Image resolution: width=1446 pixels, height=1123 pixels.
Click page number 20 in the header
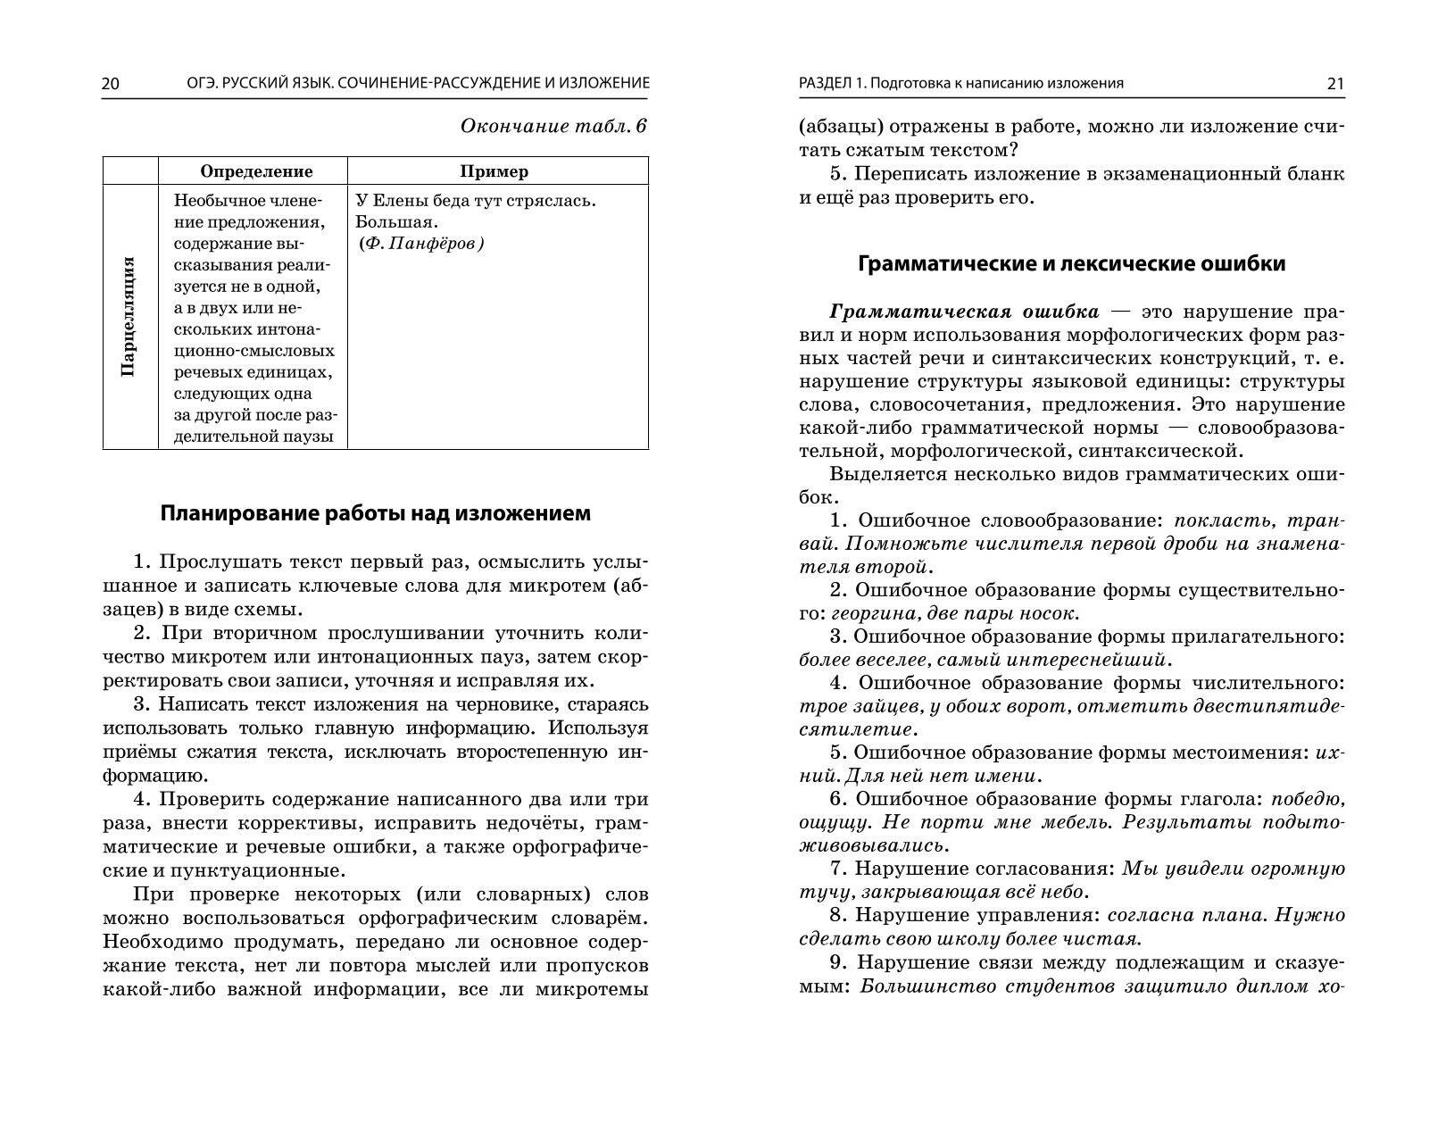pyautogui.click(x=111, y=84)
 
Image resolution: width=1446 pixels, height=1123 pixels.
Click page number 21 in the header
pyautogui.click(x=1335, y=84)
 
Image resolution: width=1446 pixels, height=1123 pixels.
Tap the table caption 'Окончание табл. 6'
pyautogui.click(x=553, y=126)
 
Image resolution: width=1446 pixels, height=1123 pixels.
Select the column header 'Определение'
pyautogui.click(x=256, y=171)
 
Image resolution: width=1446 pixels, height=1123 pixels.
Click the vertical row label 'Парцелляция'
pyautogui.click(x=129, y=316)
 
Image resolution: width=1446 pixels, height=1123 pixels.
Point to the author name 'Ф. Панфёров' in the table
pyautogui.click(x=420, y=244)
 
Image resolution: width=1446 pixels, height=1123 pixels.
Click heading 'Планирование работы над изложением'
pyautogui.click(x=375, y=513)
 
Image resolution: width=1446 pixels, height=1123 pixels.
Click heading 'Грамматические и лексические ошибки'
pyautogui.click(x=1071, y=264)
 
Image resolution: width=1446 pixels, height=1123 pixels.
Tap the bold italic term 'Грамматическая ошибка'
pyautogui.click(x=964, y=312)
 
